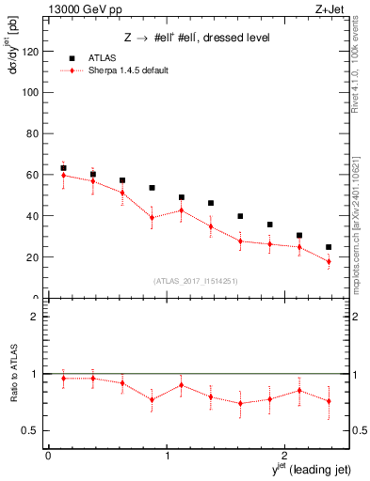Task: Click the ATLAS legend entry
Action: tap(103, 57)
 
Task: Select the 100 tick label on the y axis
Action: tap(33, 93)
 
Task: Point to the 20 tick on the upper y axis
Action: tap(35, 257)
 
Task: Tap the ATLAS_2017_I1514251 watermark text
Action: tap(195, 281)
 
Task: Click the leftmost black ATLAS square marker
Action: tap(63, 168)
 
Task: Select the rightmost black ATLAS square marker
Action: tap(329, 247)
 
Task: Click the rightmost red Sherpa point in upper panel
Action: tap(329, 262)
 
